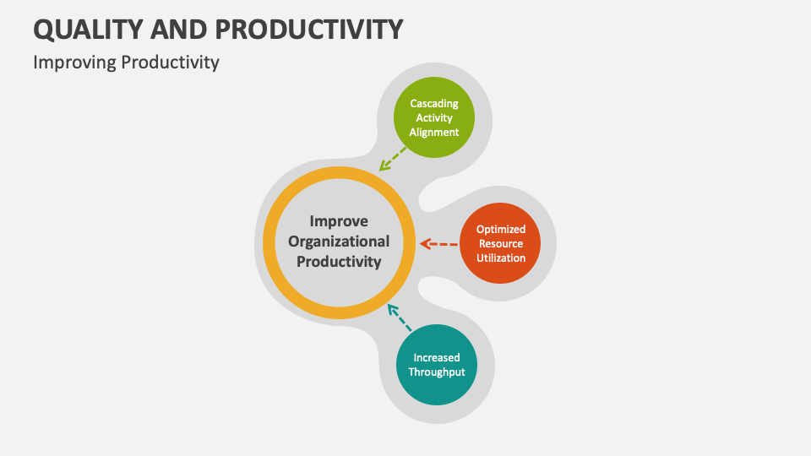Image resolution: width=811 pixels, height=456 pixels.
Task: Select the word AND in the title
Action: (179, 29)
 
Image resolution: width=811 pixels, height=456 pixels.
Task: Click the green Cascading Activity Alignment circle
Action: (434, 117)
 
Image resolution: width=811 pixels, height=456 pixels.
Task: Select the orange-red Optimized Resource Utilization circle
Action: (501, 243)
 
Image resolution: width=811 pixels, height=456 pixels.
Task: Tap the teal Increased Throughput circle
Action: (437, 364)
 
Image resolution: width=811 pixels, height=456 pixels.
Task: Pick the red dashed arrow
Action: (438, 244)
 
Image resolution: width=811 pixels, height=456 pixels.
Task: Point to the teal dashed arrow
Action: (399, 318)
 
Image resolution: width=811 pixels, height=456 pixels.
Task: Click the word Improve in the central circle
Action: (339, 221)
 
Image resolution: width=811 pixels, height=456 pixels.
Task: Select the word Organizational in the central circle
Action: (339, 242)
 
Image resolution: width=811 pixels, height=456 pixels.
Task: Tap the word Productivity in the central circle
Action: (339, 262)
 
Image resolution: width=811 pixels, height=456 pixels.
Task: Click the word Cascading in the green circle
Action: (434, 103)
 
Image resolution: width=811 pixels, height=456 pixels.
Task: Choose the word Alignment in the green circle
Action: (434, 132)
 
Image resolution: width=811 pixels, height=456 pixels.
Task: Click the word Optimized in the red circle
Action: (501, 229)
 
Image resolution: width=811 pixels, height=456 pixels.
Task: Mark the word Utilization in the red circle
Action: (501, 258)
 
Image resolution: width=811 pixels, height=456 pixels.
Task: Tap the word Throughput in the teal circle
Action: (437, 372)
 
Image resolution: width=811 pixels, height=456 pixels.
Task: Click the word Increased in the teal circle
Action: (437, 357)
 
